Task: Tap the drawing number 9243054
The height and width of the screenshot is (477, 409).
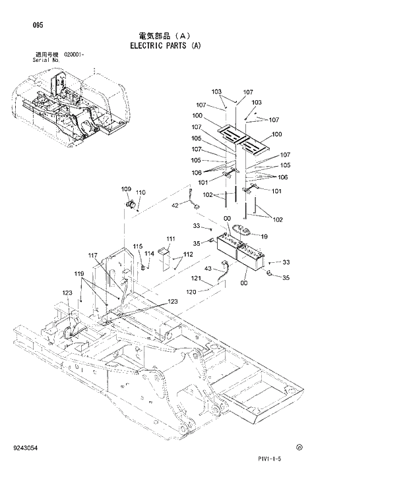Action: tap(24, 448)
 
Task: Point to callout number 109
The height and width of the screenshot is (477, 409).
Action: tap(126, 190)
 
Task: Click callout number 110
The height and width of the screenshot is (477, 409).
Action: tap(141, 192)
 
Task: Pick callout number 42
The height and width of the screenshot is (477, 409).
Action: tap(175, 206)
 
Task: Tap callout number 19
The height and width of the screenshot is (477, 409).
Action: tap(263, 236)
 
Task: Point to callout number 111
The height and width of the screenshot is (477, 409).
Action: tap(171, 238)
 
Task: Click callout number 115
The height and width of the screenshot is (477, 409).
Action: tap(137, 246)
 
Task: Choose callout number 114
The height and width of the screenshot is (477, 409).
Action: tap(149, 253)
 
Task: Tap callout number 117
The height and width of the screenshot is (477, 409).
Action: tap(92, 255)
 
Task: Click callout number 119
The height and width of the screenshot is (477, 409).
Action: tap(79, 273)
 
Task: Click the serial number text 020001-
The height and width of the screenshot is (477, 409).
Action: tap(75, 54)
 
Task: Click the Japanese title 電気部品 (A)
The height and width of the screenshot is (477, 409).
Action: tap(165, 36)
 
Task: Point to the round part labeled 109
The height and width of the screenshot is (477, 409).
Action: tap(131, 202)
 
